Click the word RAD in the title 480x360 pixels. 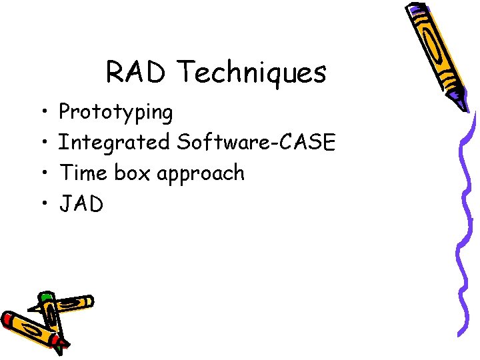pos(139,72)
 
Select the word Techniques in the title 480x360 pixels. pos(253,73)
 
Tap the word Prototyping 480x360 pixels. pos(116,113)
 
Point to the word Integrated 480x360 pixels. pos(114,143)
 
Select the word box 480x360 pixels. pos(131,173)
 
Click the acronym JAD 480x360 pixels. pos(81,204)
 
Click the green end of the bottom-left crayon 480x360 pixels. pos(45,296)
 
